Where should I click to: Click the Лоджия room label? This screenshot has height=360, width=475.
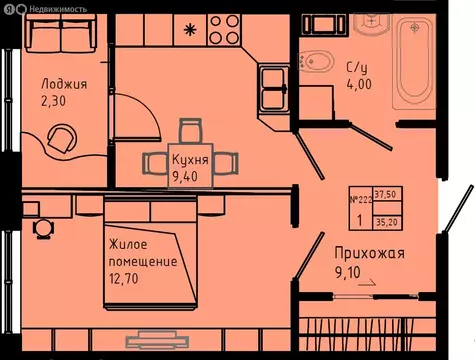pyautogui.click(x=64, y=84)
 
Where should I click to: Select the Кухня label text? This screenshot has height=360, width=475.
pyautogui.click(x=189, y=161)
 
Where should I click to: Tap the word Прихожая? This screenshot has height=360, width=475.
pyautogui.click(x=371, y=254)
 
